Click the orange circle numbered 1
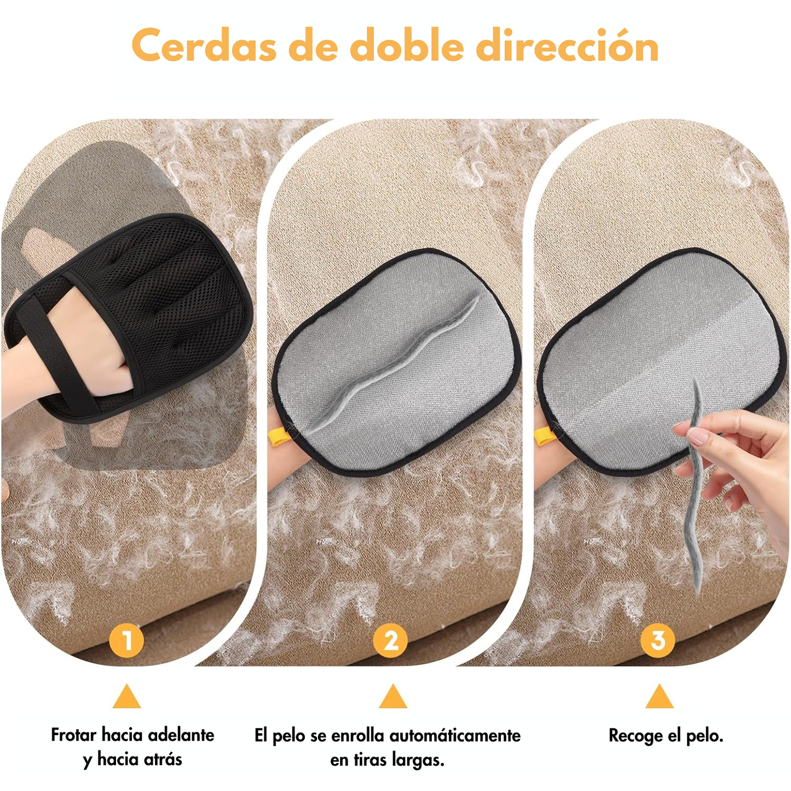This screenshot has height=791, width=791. (127, 640)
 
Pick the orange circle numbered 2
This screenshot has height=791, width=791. (390, 640)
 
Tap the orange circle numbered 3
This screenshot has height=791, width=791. (657, 640)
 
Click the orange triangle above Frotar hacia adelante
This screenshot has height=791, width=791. (127, 697)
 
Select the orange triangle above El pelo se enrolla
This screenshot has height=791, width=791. (393, 697)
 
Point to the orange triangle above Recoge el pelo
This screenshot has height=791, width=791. (659, 697)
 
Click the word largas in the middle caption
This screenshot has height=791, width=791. (418, 760)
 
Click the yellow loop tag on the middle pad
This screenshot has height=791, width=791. (278, 436)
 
